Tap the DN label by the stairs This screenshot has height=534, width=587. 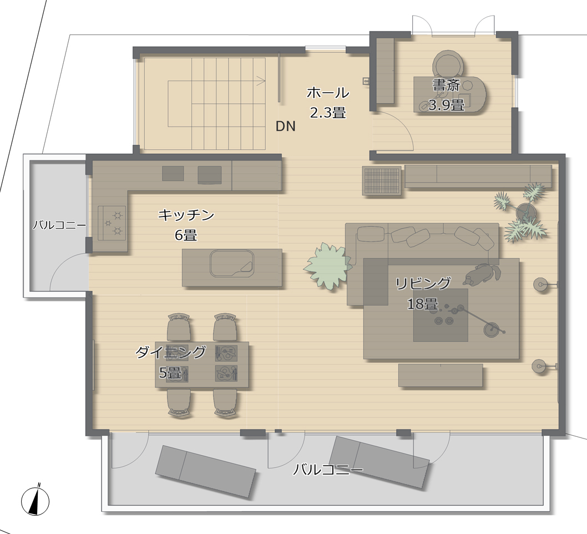click(x=286, y=127)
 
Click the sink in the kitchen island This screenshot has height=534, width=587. click(x=231, y=263)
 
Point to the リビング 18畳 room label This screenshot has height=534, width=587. click(x=423, y=293)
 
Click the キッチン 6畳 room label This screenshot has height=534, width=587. click(x=186, y=225)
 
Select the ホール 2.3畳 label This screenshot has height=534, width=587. click(x=327, y=103)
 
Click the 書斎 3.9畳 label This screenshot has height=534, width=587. click(x=446, y=95)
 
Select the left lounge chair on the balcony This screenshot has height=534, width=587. click(x=205, y=471)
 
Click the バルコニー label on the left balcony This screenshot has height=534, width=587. click(x=59, y=225)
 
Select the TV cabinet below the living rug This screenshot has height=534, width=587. click(x=440, y=376)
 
